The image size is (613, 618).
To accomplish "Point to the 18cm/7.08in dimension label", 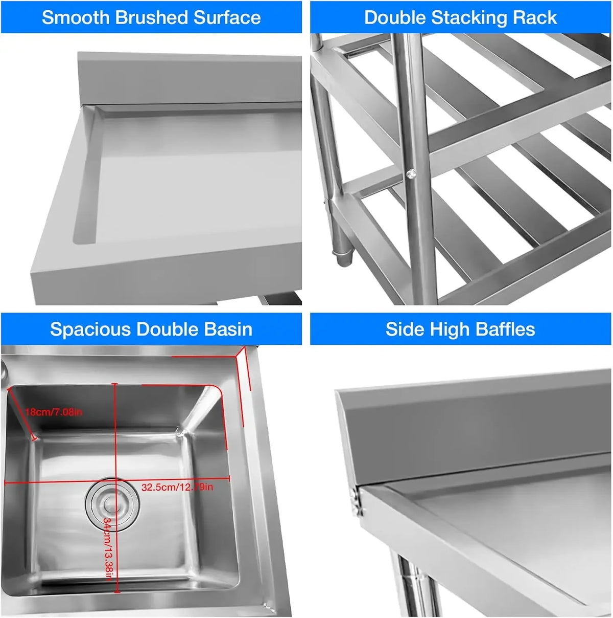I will coord(54,412).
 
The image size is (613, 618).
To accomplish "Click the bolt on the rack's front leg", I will coord(410,175).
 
